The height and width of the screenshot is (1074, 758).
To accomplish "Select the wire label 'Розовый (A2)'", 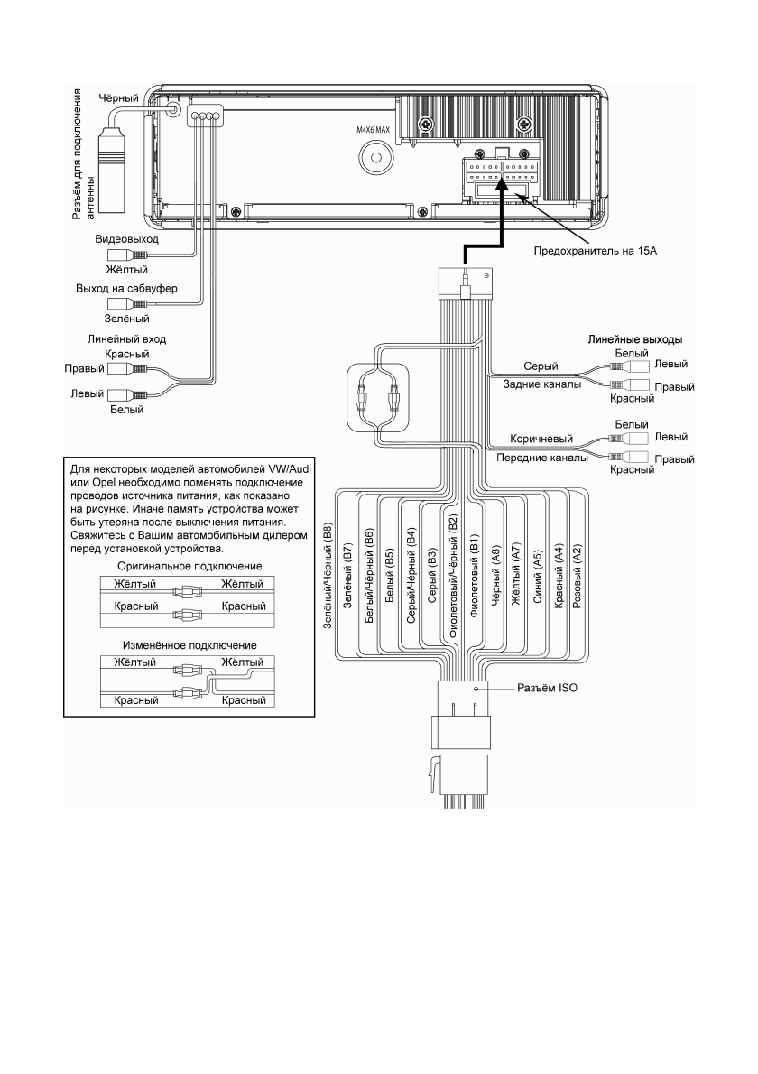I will tap(578, 579).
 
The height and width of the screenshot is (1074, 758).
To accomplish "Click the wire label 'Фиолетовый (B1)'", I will tap(475, 578).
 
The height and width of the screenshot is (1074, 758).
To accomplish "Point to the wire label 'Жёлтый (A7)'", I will tap(516, 579).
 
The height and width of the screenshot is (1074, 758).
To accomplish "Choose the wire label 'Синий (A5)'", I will tap(537, 579).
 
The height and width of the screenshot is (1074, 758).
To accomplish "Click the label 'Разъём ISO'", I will tap(546, 687).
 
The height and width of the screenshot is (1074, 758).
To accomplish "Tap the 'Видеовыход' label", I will tap(126, 241).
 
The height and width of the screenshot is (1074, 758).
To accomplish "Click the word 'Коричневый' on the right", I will tap(542, 440).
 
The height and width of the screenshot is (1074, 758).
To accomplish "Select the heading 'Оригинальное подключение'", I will tap(189, 566).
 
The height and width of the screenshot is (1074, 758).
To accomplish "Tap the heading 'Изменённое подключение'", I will tap(189, 645).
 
